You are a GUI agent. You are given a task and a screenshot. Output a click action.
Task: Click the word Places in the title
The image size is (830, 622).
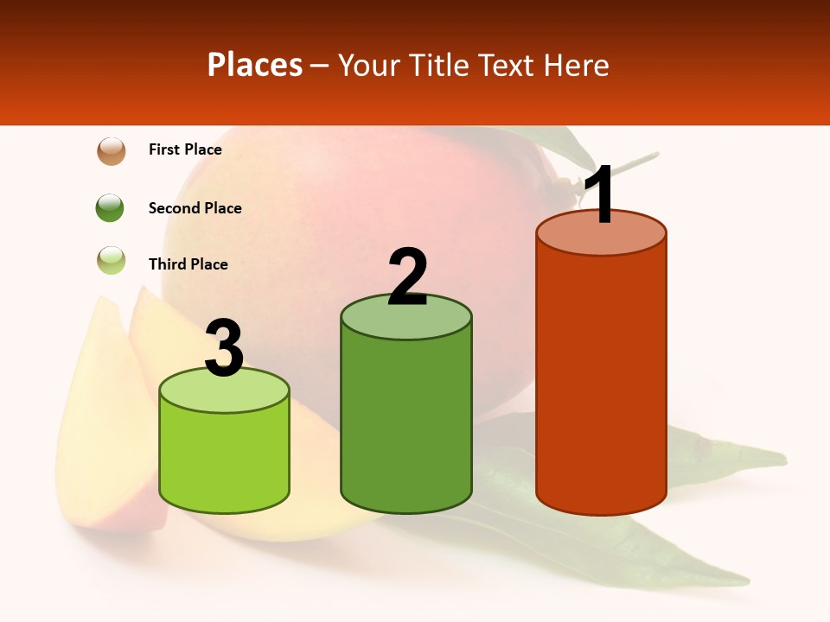tap(255, 65)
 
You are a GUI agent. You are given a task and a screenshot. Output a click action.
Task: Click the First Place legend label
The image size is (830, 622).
tap(185, 149)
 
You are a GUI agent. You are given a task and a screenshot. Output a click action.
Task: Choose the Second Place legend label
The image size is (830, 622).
tap(195, 208)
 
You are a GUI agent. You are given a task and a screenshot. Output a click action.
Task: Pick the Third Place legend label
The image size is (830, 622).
tap(188, 264)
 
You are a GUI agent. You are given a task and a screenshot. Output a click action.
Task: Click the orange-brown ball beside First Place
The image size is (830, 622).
tap(112, 150)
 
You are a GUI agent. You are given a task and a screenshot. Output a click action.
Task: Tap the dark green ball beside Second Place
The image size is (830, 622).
tap(110, 207)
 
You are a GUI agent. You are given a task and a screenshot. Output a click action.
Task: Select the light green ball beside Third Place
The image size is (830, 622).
tap(112, 260)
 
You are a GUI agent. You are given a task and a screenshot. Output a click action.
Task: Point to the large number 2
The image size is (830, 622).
tap(407, 276)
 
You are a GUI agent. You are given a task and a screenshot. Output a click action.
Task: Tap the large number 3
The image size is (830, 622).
tap(225, 347)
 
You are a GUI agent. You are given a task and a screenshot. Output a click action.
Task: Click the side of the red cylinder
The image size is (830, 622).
tap(601, 380)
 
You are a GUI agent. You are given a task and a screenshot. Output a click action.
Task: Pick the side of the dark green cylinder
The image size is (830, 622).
tap(406, 423)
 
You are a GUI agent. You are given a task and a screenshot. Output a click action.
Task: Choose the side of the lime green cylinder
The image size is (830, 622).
tap(225, 458)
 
